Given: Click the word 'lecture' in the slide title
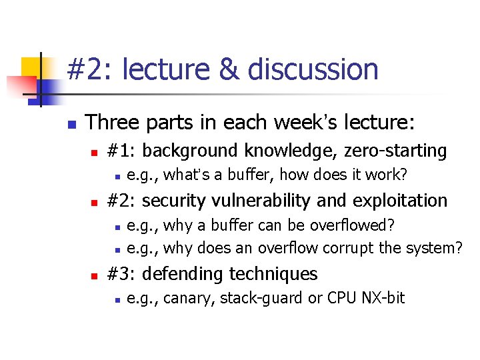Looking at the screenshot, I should point(167,69).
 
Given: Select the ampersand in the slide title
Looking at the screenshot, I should point(229,69).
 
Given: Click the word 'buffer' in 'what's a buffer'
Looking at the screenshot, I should point(250,175).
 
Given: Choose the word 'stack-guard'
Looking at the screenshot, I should point(260,298).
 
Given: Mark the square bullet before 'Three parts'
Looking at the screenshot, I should point(73,124).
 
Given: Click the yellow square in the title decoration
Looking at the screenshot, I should point(32,67).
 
